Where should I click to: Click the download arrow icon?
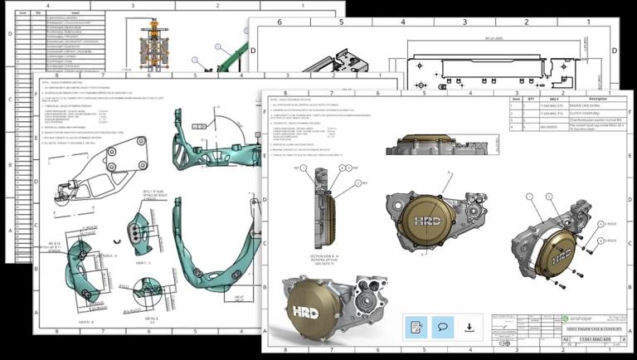469,327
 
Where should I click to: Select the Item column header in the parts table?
514,100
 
